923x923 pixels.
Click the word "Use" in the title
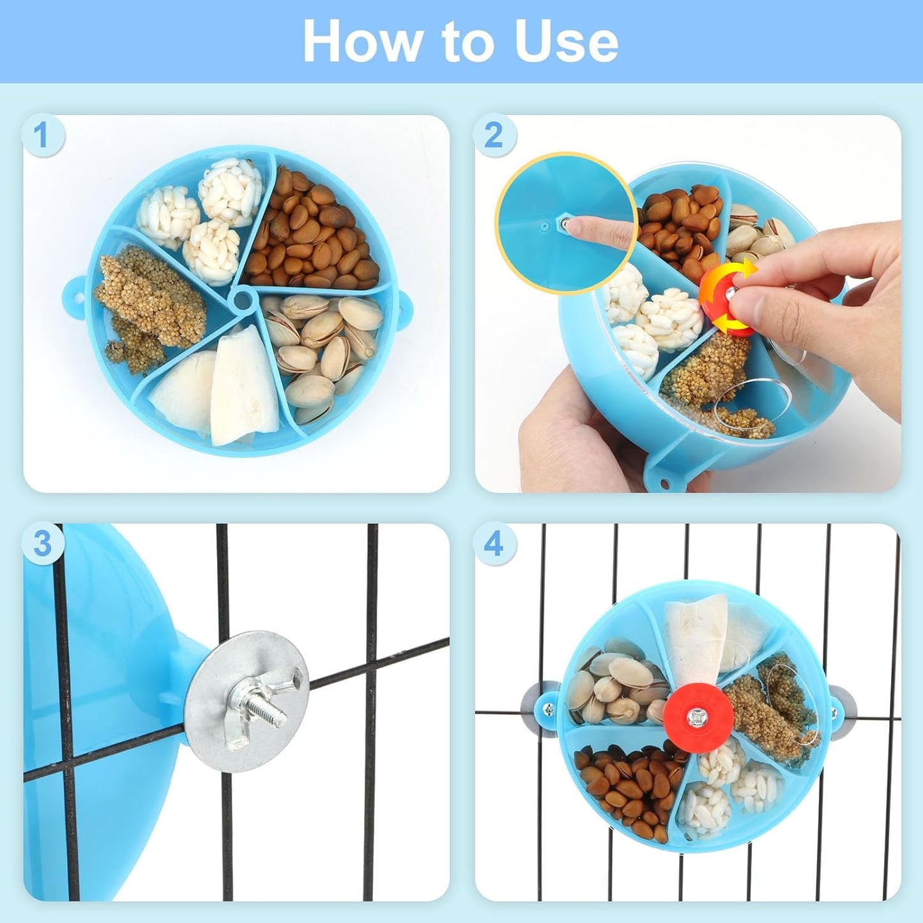pos(566,42)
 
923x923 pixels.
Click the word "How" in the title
pos(361,42)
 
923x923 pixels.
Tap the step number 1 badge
pos(42,135)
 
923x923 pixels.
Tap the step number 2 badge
pos(494,135)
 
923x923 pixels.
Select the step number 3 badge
pos(42,544)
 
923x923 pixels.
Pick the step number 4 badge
pos(494,544)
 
